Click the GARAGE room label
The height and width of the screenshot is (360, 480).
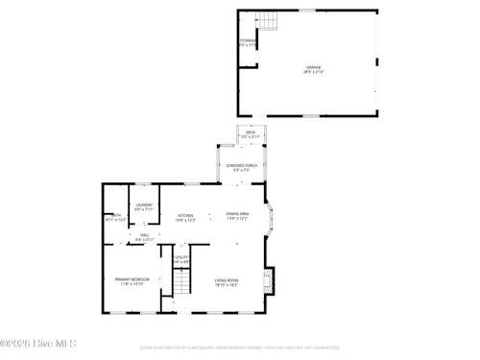313,66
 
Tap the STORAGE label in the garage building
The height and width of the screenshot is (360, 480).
248,39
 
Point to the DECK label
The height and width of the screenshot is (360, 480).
251,132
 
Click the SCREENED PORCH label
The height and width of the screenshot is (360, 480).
241,165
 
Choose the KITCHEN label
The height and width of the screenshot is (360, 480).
185,215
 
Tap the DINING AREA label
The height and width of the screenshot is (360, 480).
237,213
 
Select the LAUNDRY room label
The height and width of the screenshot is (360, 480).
144,204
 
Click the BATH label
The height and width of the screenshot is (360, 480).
116,214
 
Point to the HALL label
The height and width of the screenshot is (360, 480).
144,234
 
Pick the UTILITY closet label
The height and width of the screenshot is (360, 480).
181,257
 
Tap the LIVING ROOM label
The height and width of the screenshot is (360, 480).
227,279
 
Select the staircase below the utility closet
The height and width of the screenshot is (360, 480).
181,283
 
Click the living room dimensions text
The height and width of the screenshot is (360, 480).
227,284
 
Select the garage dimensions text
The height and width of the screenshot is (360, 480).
313,72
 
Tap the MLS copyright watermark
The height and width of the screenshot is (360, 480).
38,343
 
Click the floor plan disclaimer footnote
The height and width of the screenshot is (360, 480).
240,348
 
